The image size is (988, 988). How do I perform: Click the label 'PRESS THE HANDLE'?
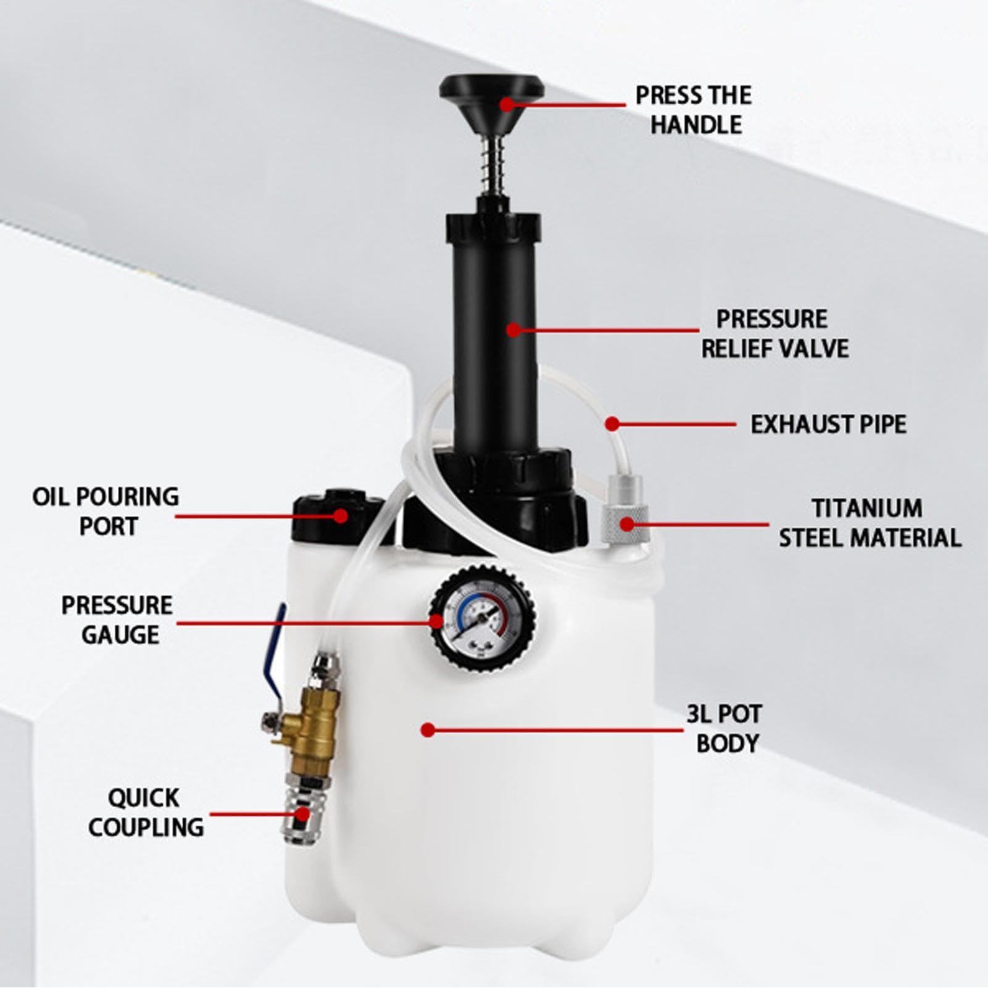(x=694, y=110)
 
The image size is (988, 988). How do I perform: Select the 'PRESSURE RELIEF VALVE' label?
(x=774, y=333)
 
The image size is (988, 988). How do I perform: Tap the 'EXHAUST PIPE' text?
(x=828, y=425)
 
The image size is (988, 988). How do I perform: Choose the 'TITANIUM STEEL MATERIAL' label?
(x=870, y=523)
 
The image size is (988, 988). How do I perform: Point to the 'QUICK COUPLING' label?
(x=146, y=812)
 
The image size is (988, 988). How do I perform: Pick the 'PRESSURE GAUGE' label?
(x=117, y=620)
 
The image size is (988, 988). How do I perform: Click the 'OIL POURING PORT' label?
(x=106, y=511)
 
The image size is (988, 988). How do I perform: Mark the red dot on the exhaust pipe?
(x=612, y=424)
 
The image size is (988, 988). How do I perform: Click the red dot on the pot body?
(x=428, y=730)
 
